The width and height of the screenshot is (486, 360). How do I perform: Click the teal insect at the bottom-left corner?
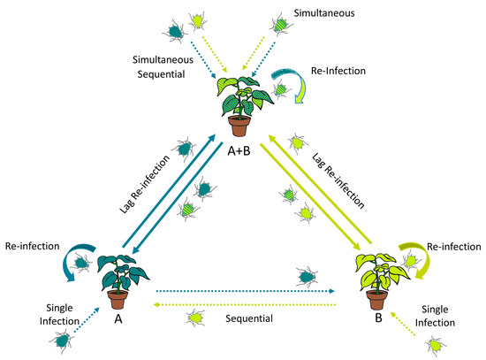click(64, 338)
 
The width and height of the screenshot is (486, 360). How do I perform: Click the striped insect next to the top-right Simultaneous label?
click(277, 23)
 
